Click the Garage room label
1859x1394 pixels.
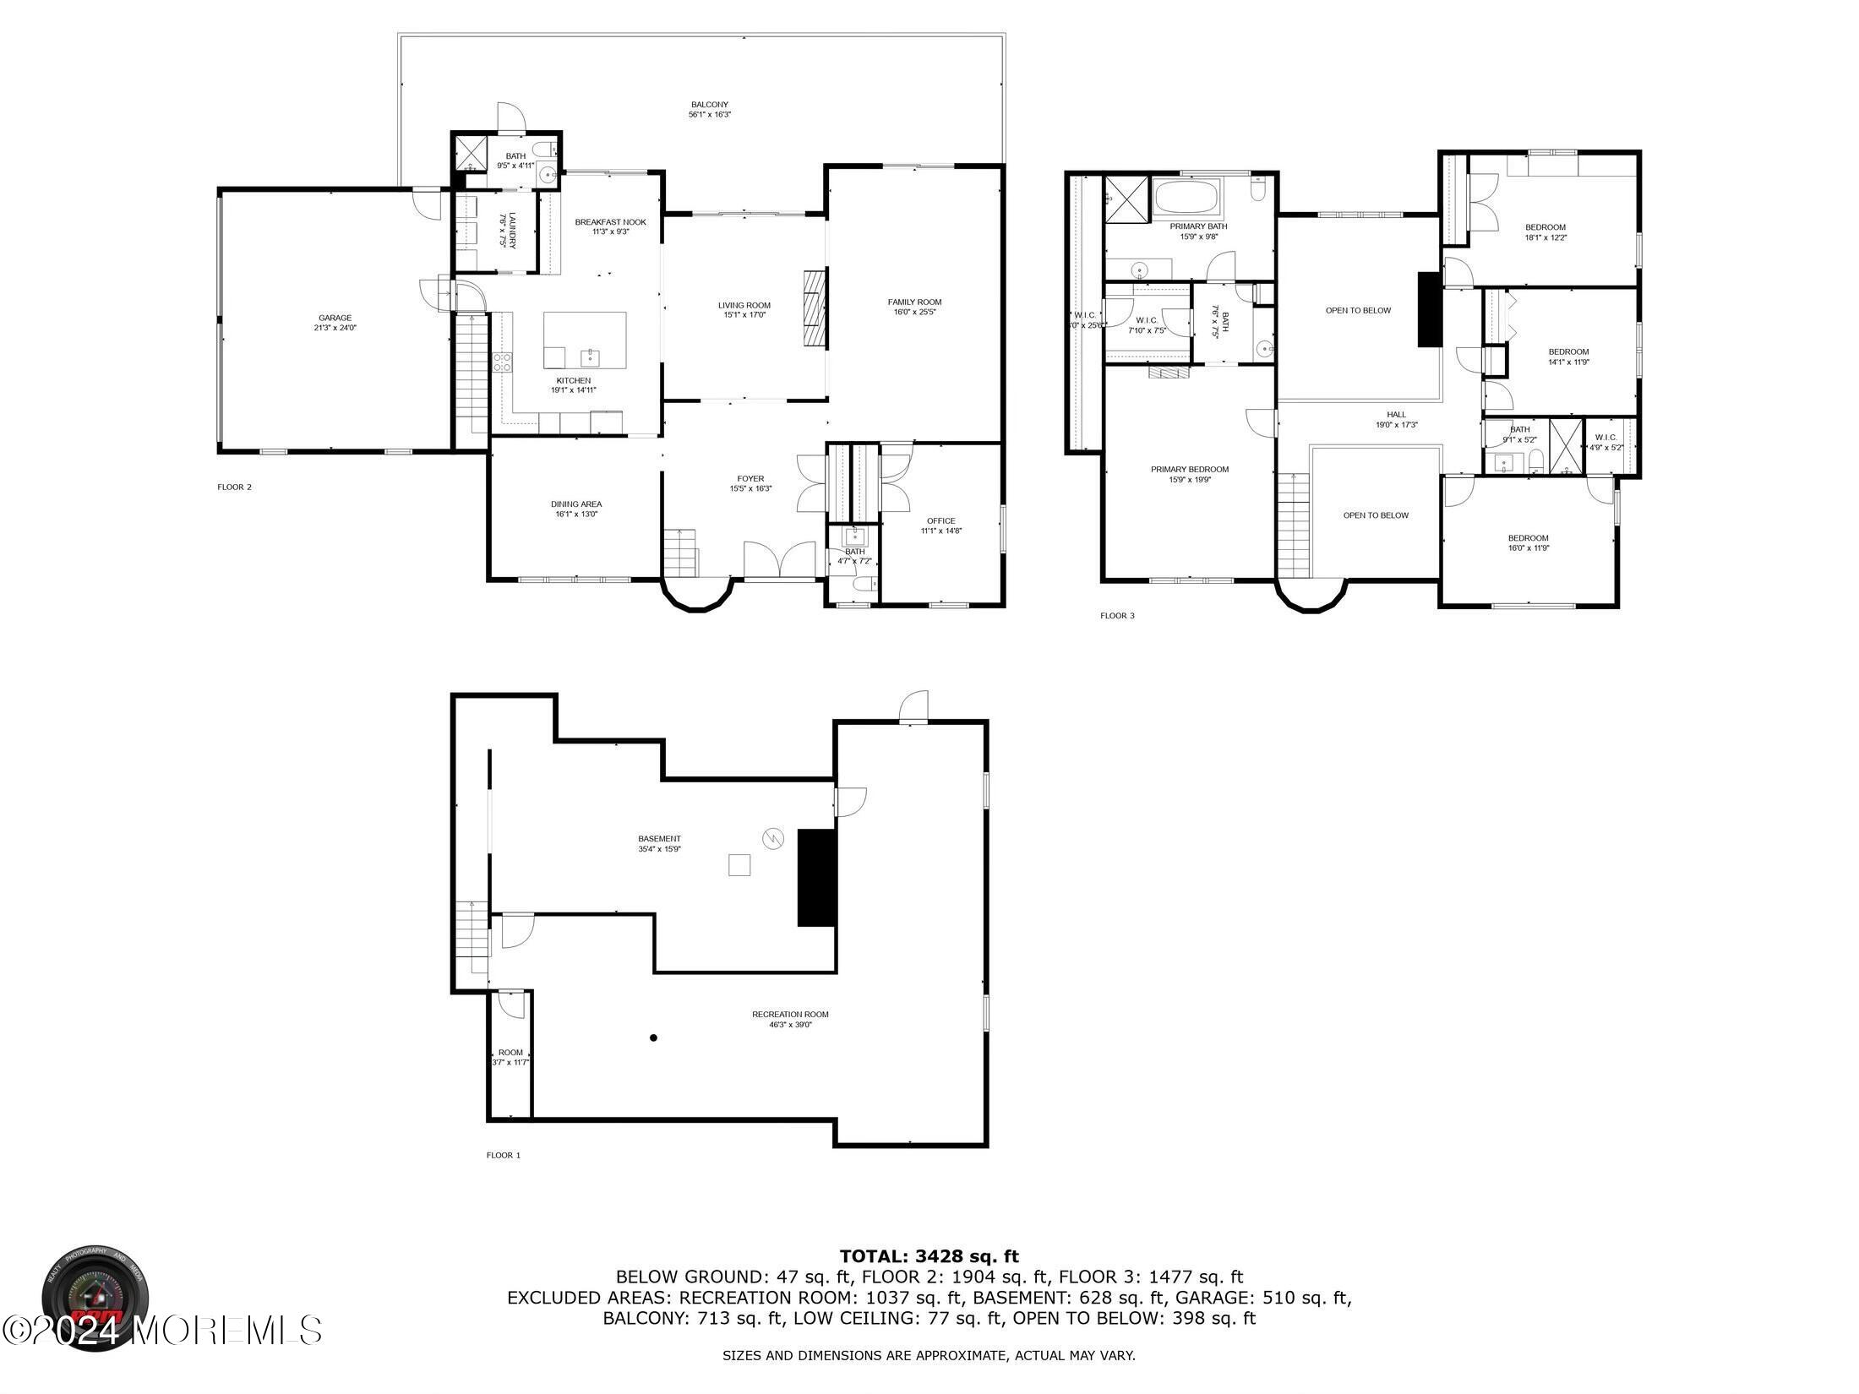point(335,319)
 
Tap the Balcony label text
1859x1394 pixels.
point(709,105)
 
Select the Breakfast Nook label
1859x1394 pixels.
point(610,222)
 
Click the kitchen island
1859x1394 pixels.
point(585,340)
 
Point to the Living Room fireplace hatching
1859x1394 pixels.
point(814,308)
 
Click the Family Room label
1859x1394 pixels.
point(914,302)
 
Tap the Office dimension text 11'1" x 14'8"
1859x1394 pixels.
point(941,531)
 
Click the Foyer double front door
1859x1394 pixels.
point(784,560)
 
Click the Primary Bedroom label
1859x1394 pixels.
point(1190,470)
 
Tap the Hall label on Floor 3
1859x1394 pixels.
point(1396,415)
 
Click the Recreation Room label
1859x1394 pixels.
point(790,1015)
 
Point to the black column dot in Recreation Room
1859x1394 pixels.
point(653,1037)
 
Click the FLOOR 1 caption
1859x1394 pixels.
point(504,1156)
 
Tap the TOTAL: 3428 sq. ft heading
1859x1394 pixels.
point(929,1257)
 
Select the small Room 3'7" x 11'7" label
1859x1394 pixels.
point(510,1053)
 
